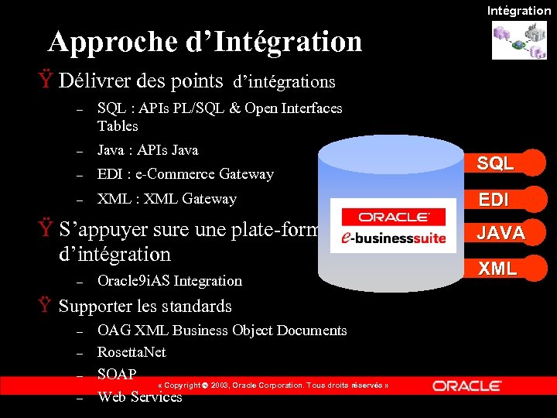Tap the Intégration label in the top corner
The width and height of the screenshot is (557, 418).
[518, 10]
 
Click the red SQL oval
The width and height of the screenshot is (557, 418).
[495, 163]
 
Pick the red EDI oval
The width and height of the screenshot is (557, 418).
[494, 199]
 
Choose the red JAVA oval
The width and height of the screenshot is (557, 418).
[501, 232]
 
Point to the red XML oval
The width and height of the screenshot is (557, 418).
[497, 268]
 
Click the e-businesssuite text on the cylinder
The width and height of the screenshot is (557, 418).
[394, 237]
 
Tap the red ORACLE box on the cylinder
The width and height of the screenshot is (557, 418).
[393, 217]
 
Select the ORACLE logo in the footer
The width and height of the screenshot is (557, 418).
[466, 385]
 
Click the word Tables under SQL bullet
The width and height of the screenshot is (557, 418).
[118, 125]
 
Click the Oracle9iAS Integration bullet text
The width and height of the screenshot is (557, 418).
[169, 280]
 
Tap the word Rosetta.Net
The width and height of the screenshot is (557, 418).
[132, 352]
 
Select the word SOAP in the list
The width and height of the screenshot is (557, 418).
[117, 375]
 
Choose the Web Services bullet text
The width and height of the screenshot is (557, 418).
[139, 397]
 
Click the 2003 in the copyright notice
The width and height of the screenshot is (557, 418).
[219, 385]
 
